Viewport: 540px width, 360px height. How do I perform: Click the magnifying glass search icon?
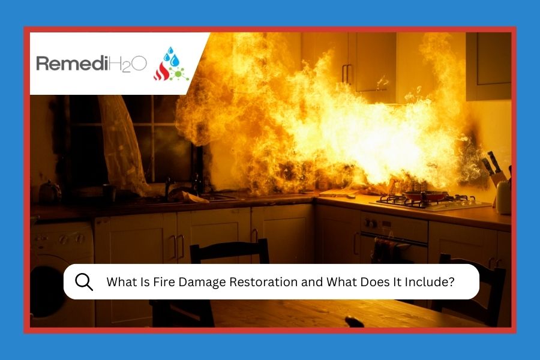84,281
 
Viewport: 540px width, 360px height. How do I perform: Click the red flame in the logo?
161,71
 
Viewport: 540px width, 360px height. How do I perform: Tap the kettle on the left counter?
50,192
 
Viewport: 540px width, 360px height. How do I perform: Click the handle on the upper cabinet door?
347,73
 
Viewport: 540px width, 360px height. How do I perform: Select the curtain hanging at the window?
123,141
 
